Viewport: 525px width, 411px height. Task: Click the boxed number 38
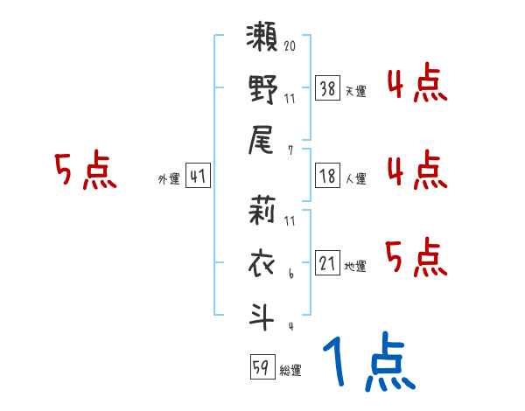327,87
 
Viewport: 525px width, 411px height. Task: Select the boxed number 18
327,177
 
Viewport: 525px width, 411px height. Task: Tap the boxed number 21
327,263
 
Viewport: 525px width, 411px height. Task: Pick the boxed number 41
198,177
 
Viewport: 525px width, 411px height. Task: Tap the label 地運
355,266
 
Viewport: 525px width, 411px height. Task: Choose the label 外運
168,179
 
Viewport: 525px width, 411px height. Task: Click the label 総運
290,371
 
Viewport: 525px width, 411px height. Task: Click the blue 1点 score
367,363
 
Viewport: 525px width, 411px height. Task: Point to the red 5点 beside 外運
85,171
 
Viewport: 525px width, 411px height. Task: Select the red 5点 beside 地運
416,258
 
